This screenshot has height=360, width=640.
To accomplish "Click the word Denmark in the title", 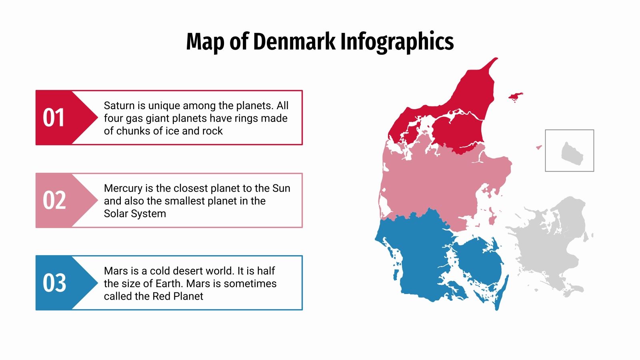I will point(294,42).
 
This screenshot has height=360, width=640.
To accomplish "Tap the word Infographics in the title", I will point(397,42).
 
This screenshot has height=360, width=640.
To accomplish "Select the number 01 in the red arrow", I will point(54,118).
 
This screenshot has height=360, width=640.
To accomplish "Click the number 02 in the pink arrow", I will point(54,200).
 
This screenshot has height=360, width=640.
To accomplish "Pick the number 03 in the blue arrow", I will point(54,283).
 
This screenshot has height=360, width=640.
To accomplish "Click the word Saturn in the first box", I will point(119,106).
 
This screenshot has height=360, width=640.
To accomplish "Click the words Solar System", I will point(135,214).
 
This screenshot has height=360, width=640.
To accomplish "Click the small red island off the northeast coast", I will point(515,96).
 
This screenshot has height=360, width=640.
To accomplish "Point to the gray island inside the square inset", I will point(572,154).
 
